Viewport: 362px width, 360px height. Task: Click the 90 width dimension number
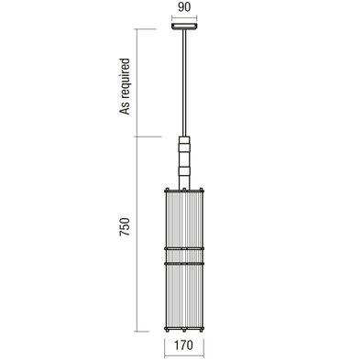[x=184, y=7]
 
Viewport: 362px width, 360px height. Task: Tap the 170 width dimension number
[x=184, y=345]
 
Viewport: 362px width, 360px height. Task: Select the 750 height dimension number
[x=125, y=227]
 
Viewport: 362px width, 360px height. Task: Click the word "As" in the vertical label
[x=125, y=108]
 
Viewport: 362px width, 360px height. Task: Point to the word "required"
[x=125, y=79]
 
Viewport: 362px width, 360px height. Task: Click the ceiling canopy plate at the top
[x=184, y=27]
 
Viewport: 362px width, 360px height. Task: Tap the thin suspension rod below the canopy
[x=184, y=82]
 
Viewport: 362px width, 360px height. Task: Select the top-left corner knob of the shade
[x=167, y=190]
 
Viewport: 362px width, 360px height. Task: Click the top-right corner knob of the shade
[x=202, y=190]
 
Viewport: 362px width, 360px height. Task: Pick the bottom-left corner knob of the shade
[x=167, y=329]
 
